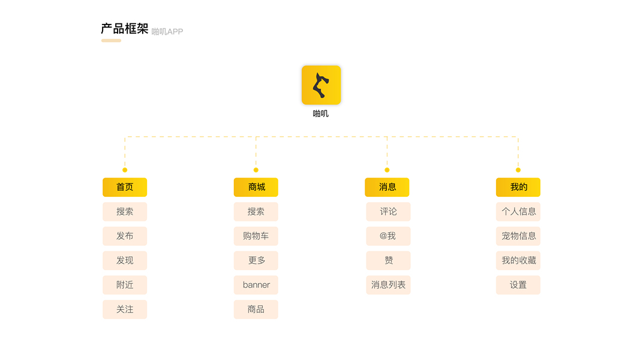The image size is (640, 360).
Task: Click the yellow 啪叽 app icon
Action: [321, 85]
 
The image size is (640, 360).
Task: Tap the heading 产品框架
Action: [124, 29]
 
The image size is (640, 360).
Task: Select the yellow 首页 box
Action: [125, 187]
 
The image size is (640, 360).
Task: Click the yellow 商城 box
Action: [256, 187]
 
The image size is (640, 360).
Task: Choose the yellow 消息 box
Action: [387, 187]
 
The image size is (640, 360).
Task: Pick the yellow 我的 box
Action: [518, 187]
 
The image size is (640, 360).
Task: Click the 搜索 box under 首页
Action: [125, 212]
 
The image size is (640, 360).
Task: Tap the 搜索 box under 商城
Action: [256, 212]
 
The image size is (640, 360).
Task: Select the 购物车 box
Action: [256, 236]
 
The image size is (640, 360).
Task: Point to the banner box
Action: [256, 285]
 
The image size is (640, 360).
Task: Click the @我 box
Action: [388, 236]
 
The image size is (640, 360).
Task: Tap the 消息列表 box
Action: [388, 285]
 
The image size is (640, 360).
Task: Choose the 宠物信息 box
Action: [518, 236]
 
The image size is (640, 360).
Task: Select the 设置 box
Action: [518, 285]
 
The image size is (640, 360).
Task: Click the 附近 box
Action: [125, 285]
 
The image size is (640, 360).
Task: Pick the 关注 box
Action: [125, 310]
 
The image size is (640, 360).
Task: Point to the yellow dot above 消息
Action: [387, 170]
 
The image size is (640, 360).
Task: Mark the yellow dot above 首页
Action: [125, 170]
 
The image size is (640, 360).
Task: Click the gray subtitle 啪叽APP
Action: [167, 32]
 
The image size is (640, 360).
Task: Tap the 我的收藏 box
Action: [518, 260]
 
